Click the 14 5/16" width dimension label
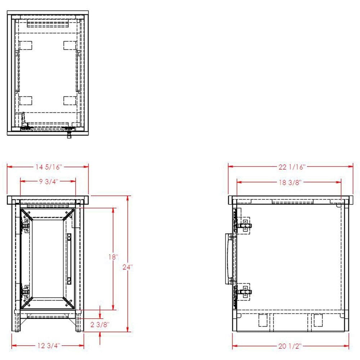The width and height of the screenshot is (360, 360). pyautogui.click(x=49, y=167)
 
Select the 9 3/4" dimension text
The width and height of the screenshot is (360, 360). pyautogui.click(x=49, y=181)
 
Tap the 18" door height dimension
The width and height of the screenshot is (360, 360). pyautogui.click(x=113, y=257)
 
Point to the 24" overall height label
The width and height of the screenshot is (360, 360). pyautogui.click(x=128, y=267)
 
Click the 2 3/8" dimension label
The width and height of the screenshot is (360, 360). pyautogui.click(x=100, y=325)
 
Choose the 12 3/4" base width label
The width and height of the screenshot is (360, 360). pyautogui.click(x=49, y=345)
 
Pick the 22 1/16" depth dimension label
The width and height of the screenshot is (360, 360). pyautogui.click(x=292, y=167)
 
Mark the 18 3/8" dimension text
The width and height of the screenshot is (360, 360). pyautogui.click(x=290, y=183)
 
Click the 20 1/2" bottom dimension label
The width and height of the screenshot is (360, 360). pyautogui.click(x=290, y=346)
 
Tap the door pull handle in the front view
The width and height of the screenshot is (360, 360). pyautogui.click(x=69, y=259)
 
